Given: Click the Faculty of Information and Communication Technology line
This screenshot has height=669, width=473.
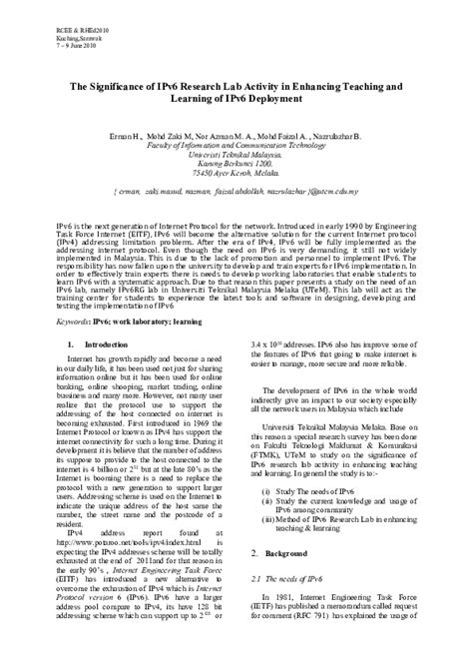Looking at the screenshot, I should point(236,144).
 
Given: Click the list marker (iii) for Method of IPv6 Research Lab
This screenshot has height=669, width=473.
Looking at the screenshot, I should point(267,520).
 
